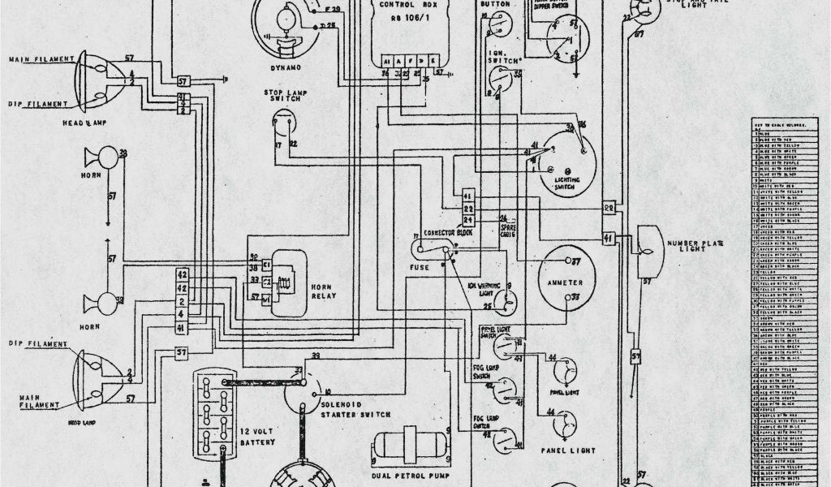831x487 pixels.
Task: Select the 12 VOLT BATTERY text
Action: tap(256, 435)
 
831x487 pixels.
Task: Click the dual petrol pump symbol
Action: tap(410, 448)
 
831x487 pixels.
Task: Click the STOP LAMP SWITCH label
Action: tap(282, 97)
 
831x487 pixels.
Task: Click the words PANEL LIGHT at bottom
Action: tap(567, 450)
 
